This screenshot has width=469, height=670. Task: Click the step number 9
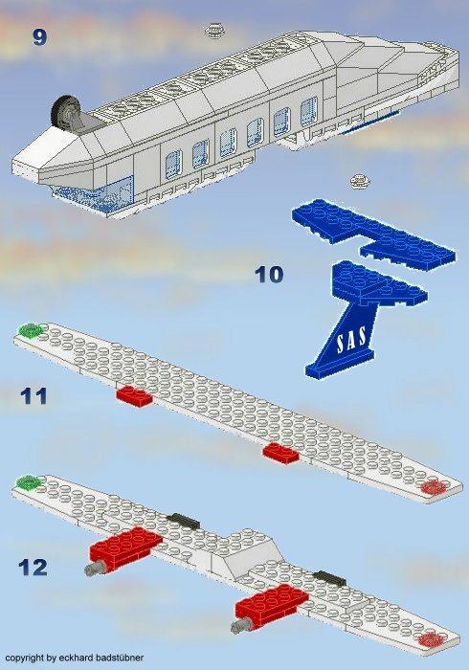[39, 37]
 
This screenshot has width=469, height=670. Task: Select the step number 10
[269, 275]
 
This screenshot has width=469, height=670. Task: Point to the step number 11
[33, 395]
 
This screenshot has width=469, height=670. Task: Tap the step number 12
[33, 567]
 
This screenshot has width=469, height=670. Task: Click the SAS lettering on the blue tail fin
[355, 340]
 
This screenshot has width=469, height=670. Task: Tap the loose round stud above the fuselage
[212, 32]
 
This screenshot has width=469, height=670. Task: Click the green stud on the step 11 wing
[31, 330]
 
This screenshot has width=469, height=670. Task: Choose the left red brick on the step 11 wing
[133, 395]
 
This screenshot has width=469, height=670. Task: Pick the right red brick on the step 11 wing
[281, 451]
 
